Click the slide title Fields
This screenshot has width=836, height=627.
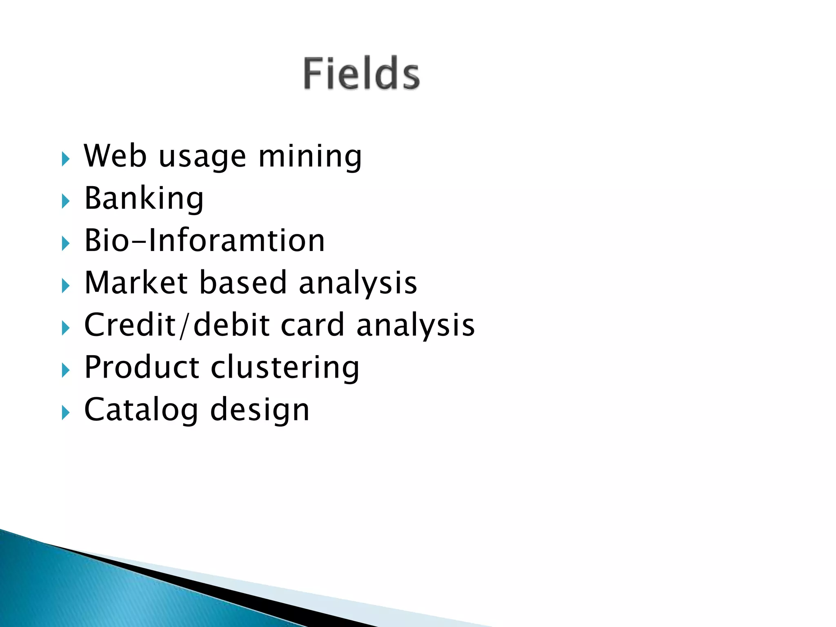361,73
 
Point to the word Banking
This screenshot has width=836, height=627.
144,199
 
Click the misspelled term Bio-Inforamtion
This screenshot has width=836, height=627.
204,240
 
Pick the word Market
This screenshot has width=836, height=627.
136,282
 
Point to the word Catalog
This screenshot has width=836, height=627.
141,410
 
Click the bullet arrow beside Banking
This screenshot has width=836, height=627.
65,201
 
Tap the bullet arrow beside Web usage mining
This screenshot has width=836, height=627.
65,159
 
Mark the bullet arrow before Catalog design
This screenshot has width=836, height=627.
65,413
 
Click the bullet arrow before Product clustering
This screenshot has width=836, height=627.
65,370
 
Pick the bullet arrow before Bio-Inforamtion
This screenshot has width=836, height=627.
65,244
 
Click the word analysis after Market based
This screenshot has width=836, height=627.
358,283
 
